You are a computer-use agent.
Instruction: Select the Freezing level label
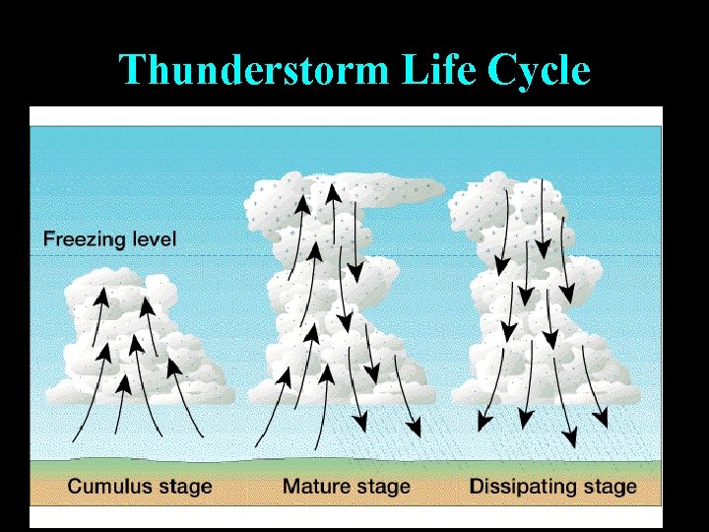pyautogui.click(x=109, y=239)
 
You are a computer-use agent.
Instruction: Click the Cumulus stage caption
pyautogui.click(x=140, y=487)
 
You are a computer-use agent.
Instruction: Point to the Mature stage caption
pyautogui.click(x=346, y=487)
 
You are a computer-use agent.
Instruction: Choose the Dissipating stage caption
pyautogui.click(x=552, y=487)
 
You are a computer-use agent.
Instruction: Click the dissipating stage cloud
pyautogui.click(x=537, y=296)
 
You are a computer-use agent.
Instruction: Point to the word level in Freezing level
pyautogui.click(x=152, y=239)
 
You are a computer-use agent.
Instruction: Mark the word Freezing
pyautogui.click(x=83, y=239)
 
